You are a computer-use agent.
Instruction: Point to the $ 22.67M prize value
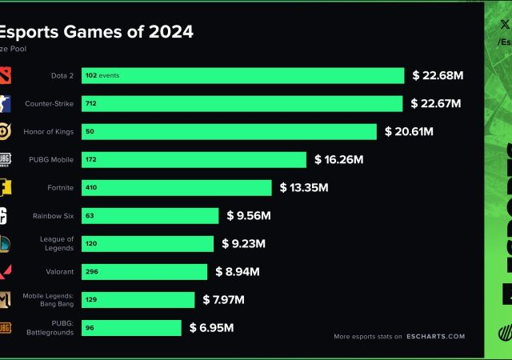435,103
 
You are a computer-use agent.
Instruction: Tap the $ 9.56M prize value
248,216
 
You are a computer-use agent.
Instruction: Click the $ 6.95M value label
211,327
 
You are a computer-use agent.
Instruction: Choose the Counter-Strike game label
49,104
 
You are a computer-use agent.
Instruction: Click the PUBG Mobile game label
51,160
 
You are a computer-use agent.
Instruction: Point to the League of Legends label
58,243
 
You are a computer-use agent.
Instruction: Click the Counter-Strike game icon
5,104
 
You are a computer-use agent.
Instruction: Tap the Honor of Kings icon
5,131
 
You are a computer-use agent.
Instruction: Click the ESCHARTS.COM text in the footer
435,337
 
